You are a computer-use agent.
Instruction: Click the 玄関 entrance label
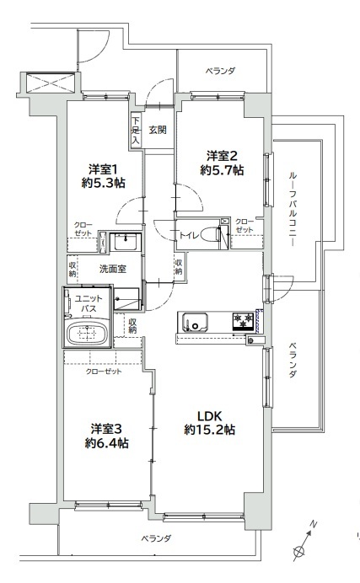(x=158, y=130)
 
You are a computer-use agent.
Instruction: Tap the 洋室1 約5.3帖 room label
(x=104, y=176)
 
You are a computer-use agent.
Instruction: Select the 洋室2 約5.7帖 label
(x=222, y=163)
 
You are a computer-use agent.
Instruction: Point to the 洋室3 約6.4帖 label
(x=107, y=436)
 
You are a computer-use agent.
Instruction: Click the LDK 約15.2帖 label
(x=209, y=423)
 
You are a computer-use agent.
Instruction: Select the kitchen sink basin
(x=193, y=322)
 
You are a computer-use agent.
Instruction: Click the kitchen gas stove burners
(x=243, y=321)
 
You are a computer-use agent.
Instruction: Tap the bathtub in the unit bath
(x=88, y=334)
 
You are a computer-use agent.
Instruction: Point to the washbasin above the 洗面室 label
(x=126, y=243)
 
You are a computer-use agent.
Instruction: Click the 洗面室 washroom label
(x=113, y=269)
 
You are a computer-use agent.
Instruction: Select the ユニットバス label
(x=89, y=303)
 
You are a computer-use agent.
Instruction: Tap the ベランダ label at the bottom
(x=156, y=538)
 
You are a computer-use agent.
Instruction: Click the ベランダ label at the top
(x=221, y=71)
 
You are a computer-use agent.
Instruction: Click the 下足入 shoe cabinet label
(x=136, y=131)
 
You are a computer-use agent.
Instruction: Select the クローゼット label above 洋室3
(x=104, y=372)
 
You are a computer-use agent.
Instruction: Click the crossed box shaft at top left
(x=51, y=83)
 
